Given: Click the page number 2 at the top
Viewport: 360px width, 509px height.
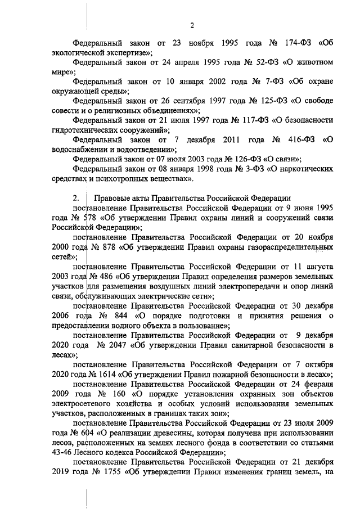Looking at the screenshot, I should (x=192, y=25).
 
